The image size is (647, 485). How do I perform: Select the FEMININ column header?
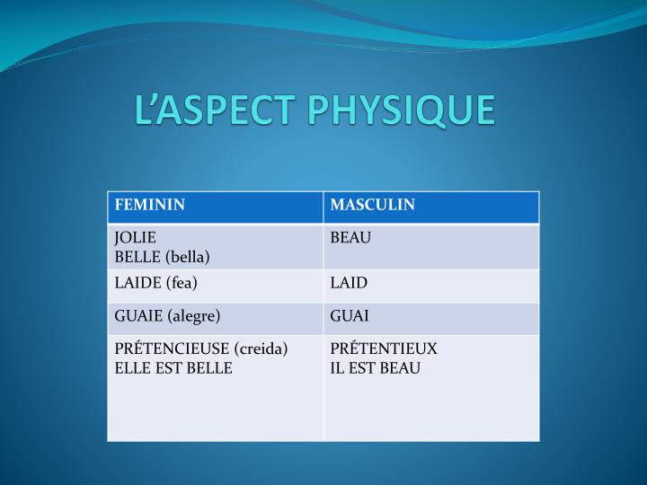pos(149,205)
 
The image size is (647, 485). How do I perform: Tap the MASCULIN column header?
pos(372,205)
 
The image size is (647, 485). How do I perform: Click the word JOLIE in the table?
pos(135,238)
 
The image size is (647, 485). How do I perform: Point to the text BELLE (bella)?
pos(162,257)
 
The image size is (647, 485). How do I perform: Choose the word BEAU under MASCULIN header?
pos(350,238)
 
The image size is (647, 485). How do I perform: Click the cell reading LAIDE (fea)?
pos(155,283)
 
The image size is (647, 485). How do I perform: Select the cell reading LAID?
pos(349,283)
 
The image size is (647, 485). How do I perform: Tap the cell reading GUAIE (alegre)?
pos(167,316)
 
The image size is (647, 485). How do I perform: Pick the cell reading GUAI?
pos(350,316)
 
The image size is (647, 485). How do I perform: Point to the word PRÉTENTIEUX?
pos(384,348)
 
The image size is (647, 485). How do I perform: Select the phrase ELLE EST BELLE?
pos(173,368)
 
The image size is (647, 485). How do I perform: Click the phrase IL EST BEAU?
pos(375,368)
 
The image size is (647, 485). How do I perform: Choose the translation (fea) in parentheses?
pos(182,283)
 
